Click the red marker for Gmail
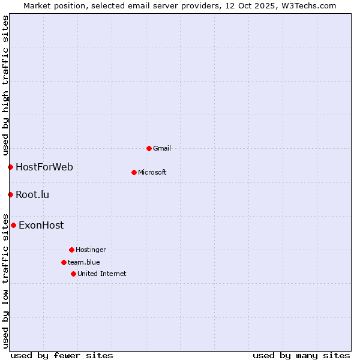click(149, 148)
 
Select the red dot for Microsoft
click(134, 172)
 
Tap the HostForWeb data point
click(10, 167)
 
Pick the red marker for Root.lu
click(10, 194)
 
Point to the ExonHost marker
click(13, 226)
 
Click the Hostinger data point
click(71, 250)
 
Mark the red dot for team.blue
click(64, 262)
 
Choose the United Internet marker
click(73, 274)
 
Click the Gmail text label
click(162, 148)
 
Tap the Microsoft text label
click(152, 172)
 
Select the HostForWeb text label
click(44, 167)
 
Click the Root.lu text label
click(32, 194)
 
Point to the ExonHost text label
click(41, 226)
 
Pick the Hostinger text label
click(91, 250)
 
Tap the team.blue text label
click(84, 262)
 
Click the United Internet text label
click(102, 274)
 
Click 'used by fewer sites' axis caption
click(62, 355)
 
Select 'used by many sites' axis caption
click(301, 355)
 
